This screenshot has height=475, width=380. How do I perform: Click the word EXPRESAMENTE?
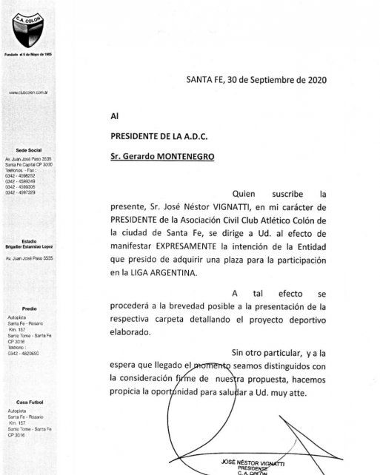coord(195,242)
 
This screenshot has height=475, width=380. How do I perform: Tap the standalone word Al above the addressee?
coord(113,115)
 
